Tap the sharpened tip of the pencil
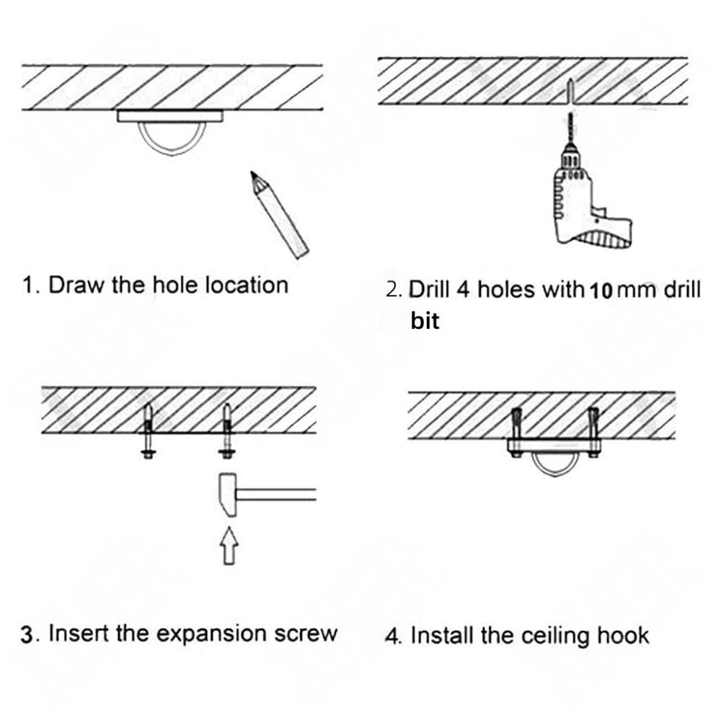coord(253,175)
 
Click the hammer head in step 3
coord(226,494)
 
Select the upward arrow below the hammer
coord(228,544)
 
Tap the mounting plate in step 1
coord(171,115)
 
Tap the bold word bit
coord(425,321)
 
